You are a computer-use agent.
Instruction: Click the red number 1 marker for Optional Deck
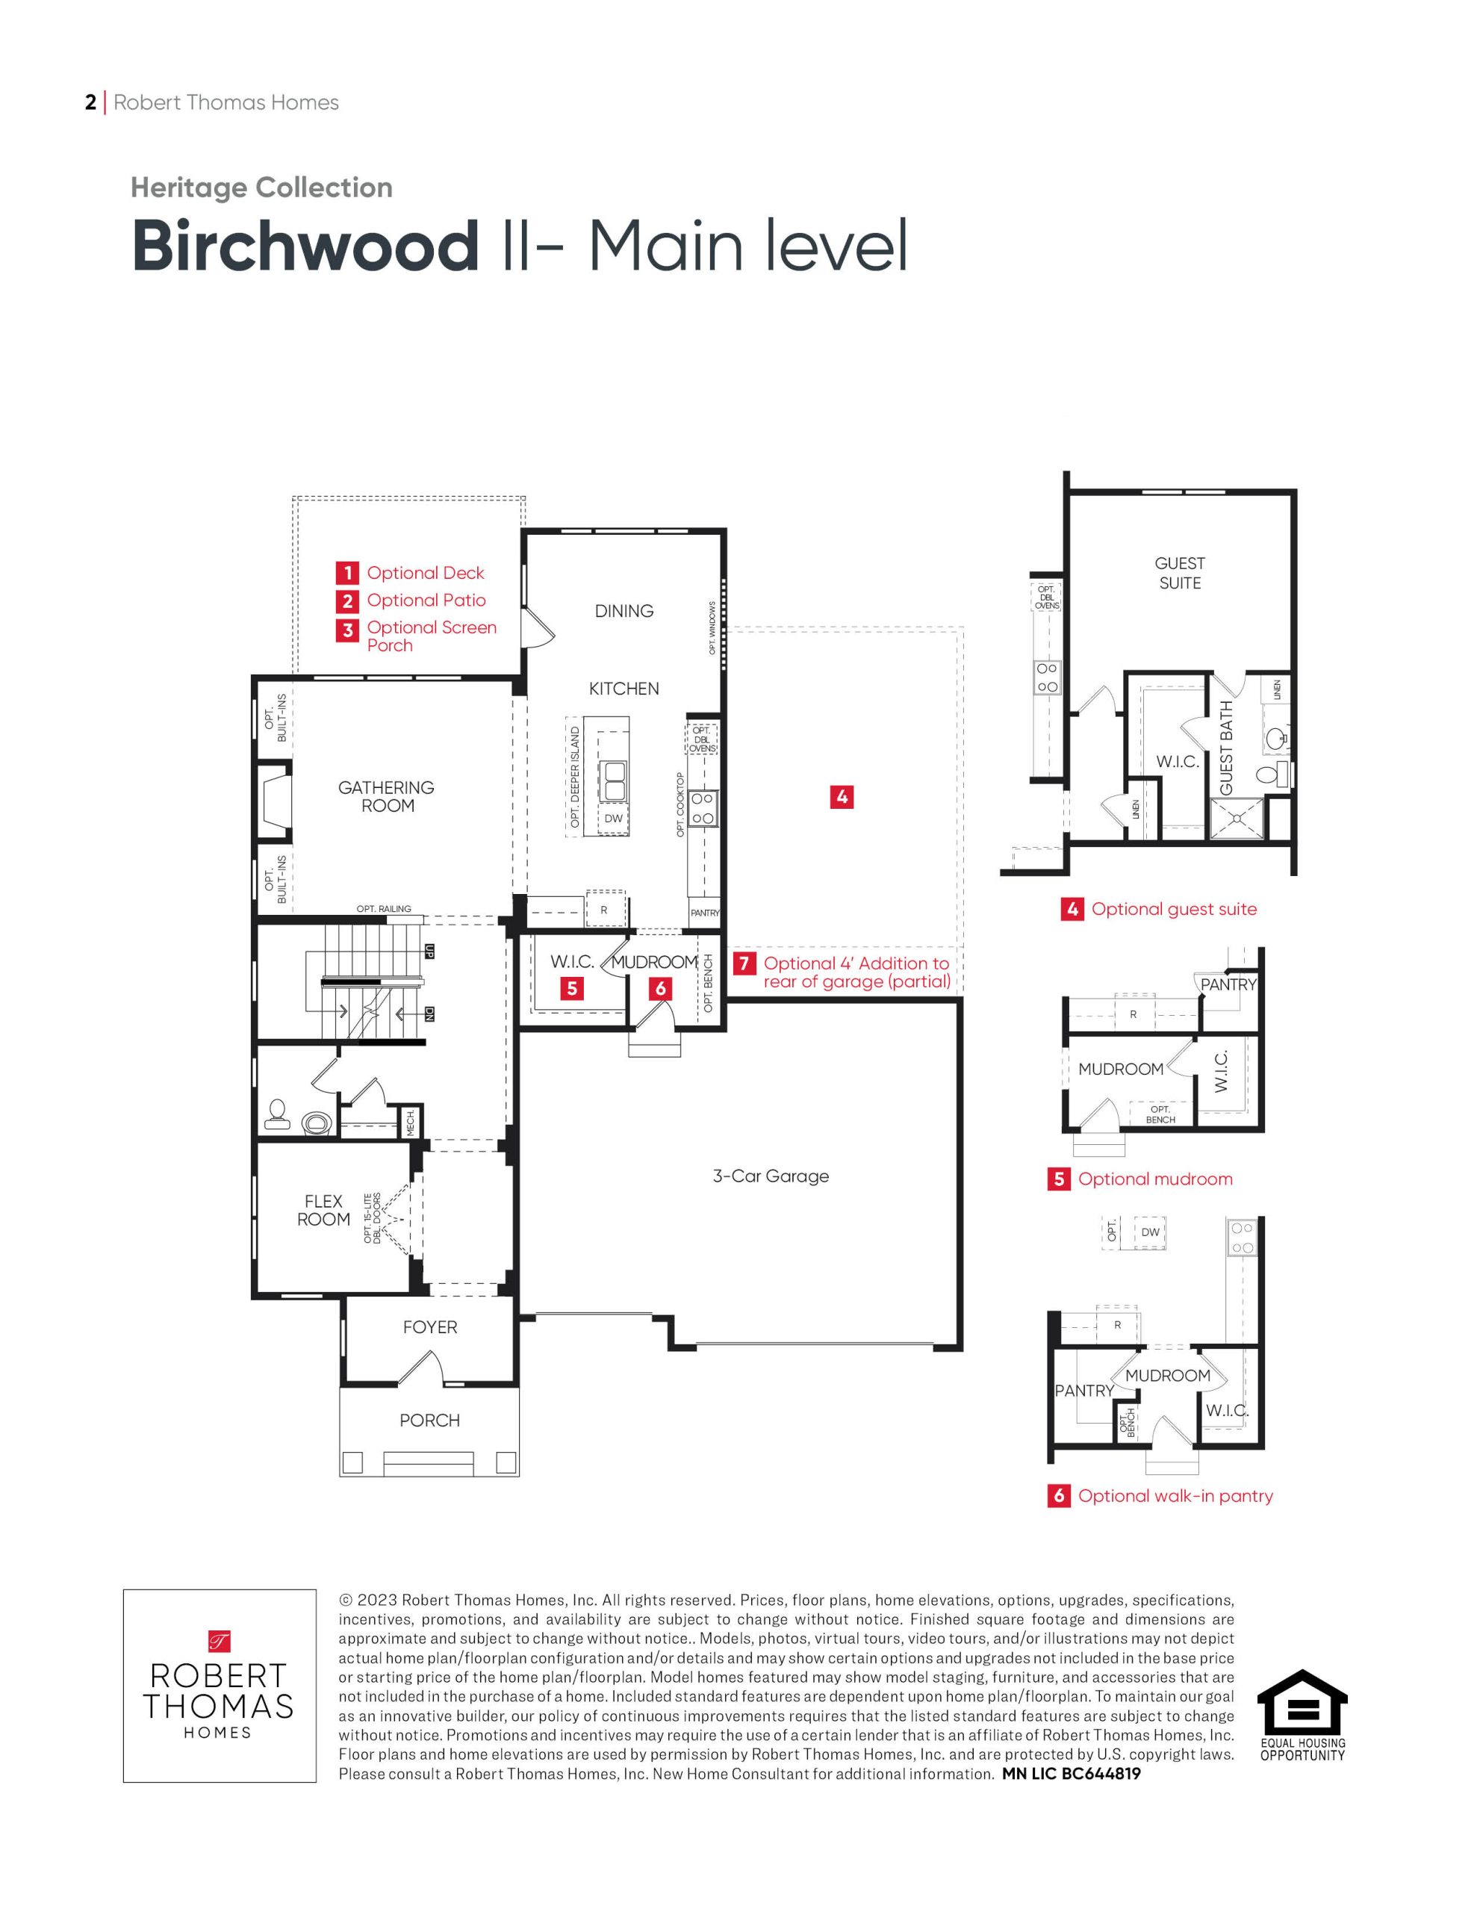pyautogui.click(x=347, y=574)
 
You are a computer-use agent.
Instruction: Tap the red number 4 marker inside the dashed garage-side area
pyautogui.click(x=842, y=797)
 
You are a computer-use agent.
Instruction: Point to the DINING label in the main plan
pyautogui.click(x=624, y=611)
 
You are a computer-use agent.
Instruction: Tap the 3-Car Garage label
pyautogui.click(x=771, y=1176)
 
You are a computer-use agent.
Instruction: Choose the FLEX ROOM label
pyautogui.click(x=323, y=1210)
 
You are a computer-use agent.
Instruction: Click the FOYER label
pyautogui.click(x=430, y=1327)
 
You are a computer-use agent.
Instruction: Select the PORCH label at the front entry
pyautogui.click(x=430, y=1420)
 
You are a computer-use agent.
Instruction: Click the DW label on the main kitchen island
pyautogui.click(x=614, y=819)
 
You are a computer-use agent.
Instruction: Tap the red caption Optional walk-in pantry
pyautogui.click(x=1175, y=1496)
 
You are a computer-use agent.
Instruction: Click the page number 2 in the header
pyautogui.click(x=91, y=102)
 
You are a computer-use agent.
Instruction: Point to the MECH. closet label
pyautogui.click(x=410, y=1123)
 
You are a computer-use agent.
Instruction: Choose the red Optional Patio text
pyautogui.click(x=426, y=600)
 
